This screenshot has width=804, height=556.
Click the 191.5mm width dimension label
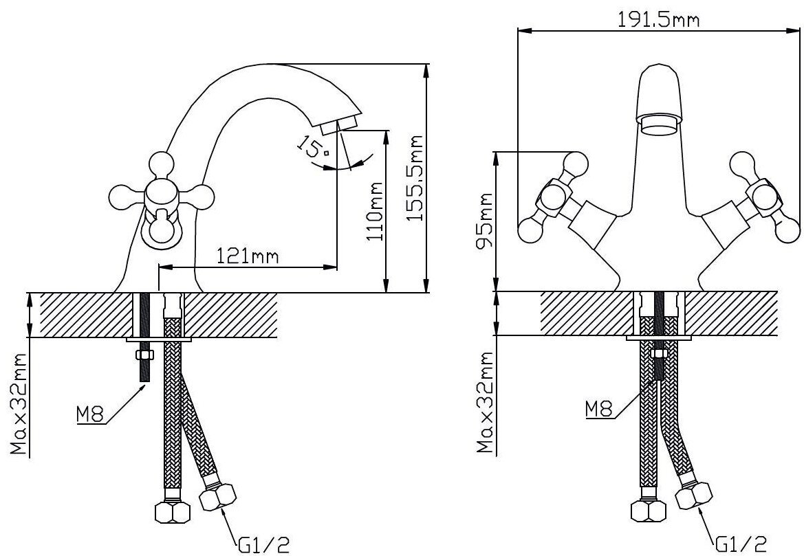[x=658, y=19]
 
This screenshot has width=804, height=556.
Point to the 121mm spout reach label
[x=247, y=255]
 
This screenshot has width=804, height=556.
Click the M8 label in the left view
[x=90, y=414]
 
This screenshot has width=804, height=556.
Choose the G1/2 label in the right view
[x=741, y=543]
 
